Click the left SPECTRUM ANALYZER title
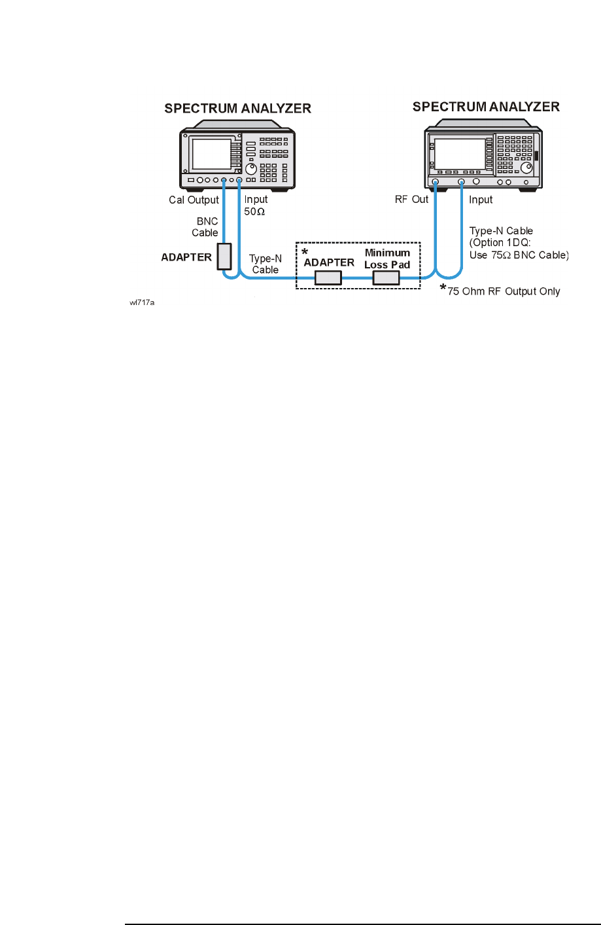tap(237, 109)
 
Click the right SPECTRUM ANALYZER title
tap(486, 107)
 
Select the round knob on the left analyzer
tap(251, 169)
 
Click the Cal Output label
tap(194, 200)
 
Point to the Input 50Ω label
tap(256, 206)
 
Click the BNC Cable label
tap(205, 227)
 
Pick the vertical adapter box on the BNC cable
tap(224, 257)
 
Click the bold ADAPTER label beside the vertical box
tap(186, 257)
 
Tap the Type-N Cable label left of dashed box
tap(266, 264)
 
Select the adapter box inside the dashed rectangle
tap(328, 278)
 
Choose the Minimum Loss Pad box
tap(386, 278)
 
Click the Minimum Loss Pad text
tap(387, 259)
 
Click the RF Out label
tap(411, 200)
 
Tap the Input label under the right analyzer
tap(481, 200)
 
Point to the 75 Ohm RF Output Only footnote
tap(503, 291)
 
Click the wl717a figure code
tap(142, 303)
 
